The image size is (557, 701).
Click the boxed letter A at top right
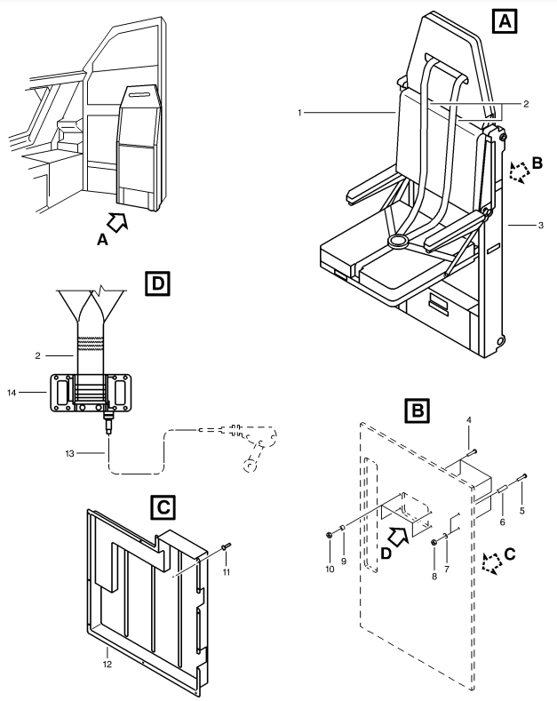[505, 21]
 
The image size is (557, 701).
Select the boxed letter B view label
[417, 410]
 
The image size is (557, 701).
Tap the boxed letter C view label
[163, 507]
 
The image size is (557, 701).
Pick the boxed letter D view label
[158, 283]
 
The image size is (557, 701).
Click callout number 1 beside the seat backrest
[299, 113]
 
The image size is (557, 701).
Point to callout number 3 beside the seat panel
[540, 226]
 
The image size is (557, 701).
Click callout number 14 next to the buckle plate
[12, 393]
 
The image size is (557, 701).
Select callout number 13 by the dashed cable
[69, 454]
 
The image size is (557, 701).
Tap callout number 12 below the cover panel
[107, 665]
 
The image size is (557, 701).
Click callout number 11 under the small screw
[227, 572]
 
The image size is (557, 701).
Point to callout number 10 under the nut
[330, 570]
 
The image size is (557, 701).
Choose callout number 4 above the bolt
[469, 420]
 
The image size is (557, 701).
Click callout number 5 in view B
[522, 511]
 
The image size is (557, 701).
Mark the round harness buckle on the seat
[398, 242]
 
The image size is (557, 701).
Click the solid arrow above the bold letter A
[117, 222]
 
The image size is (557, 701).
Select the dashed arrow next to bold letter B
[519, 172]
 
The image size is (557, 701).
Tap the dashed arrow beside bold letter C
[492, 564]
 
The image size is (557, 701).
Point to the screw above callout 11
[226, 546]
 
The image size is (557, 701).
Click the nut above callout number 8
[434, 542]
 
